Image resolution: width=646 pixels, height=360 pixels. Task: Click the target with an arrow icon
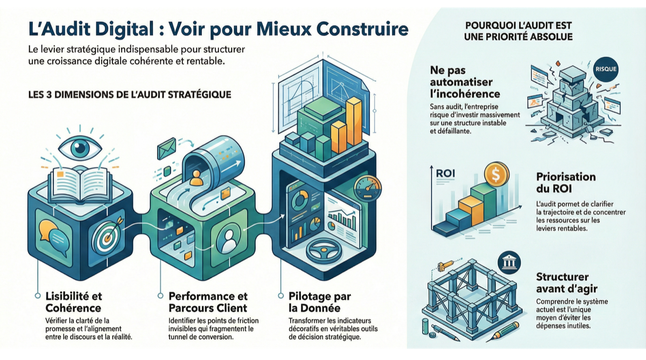coord(104,235)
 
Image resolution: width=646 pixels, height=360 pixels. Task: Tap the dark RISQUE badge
coord(606,69)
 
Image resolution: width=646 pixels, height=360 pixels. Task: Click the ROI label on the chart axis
coord(445,173)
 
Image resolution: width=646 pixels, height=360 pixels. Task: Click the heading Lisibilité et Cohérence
coord(73,302)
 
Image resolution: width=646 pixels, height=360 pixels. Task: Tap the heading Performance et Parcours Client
coord(208,302)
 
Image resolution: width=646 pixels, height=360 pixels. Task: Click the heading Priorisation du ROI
coord(566,182)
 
